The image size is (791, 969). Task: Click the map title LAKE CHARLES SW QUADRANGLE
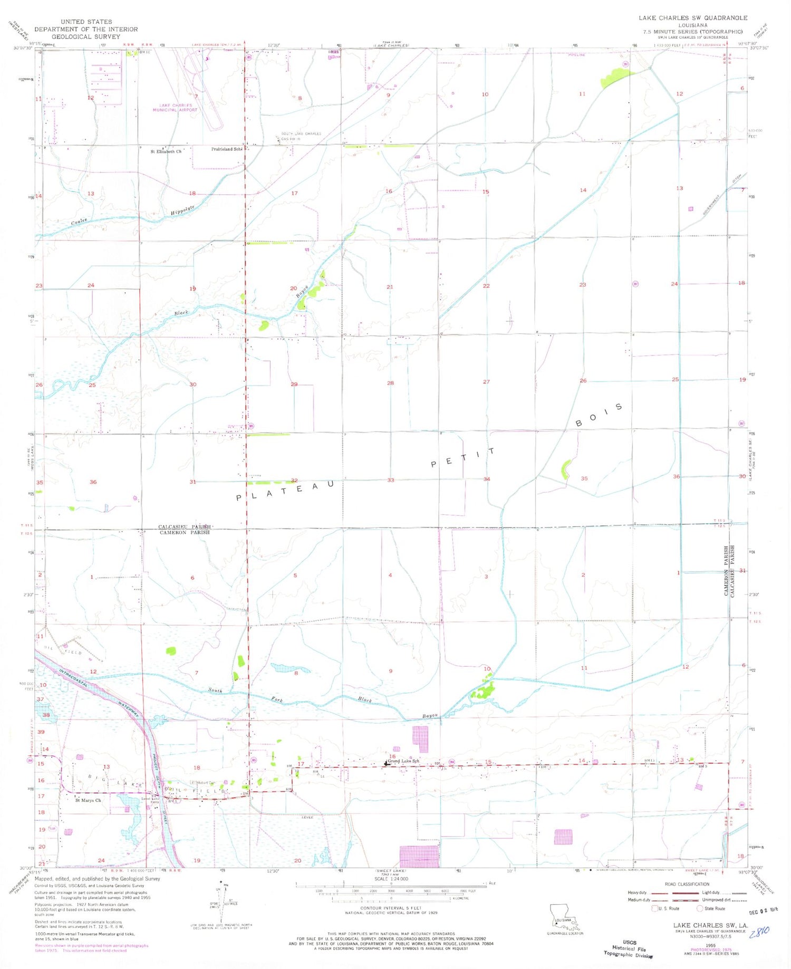[693, 18]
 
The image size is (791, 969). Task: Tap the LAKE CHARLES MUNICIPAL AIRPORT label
[175, 108]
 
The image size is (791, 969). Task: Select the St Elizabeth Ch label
[166, 151]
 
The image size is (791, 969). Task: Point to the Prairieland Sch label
[227, 149]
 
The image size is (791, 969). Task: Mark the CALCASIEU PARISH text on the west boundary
[185, 526]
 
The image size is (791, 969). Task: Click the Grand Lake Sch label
[403, 761]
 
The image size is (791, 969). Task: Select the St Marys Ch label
[88, 800]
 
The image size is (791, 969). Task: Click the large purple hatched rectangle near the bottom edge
[419, 856]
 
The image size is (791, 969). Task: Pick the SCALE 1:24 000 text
[391, 879]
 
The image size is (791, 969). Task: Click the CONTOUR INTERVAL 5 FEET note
[391, 909]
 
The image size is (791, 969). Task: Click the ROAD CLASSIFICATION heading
[687, 884]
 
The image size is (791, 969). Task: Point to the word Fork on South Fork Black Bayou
[277, 700]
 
